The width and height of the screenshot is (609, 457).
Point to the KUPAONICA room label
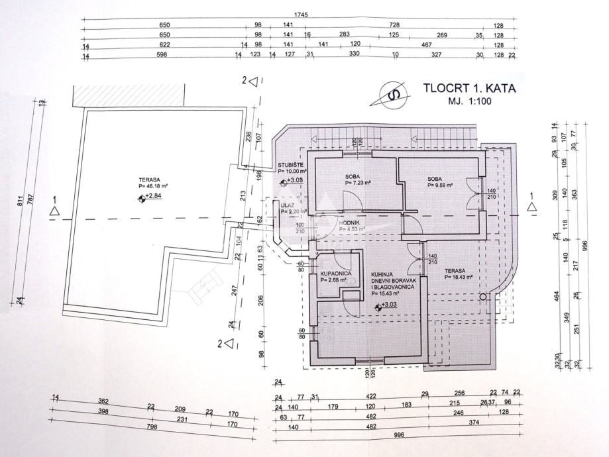335,273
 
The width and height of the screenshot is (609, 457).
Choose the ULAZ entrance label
287,205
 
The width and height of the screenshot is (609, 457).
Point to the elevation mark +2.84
153,196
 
